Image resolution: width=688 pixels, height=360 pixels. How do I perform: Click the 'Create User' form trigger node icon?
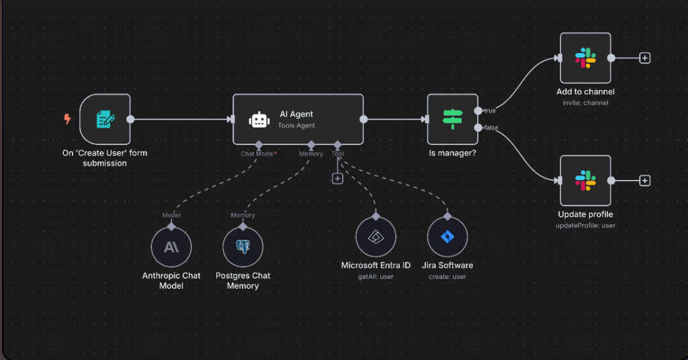point(105,120)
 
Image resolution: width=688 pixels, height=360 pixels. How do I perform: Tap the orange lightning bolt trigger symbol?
point(67,119)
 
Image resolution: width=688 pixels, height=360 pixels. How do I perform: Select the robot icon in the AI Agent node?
point(259,120)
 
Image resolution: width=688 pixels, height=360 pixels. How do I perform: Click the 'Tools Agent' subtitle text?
point(296,126)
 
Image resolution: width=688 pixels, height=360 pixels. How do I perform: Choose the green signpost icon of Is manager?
point(452,119)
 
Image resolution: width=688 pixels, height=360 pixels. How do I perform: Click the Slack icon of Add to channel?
point(585,58)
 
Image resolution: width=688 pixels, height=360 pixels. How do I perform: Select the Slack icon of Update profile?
point(585,181)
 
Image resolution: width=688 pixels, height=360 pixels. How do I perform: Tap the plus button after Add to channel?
point(644,58)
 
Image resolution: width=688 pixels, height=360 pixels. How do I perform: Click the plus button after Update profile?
point(644,181)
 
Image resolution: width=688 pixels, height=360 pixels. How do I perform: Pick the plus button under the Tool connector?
point(337,178)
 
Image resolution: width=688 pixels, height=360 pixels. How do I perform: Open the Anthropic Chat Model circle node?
point(171,247)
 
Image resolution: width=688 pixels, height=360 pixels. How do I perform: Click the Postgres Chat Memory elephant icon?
point(243,247)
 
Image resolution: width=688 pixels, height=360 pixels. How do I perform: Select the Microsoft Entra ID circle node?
point(376,237)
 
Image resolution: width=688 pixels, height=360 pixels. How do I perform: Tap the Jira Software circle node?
point(447,237)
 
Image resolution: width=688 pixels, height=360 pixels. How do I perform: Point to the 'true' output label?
point(490,111)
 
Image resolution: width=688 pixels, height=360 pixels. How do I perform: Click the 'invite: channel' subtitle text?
point(585,103)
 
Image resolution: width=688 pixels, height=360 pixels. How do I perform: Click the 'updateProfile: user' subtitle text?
point(585,225)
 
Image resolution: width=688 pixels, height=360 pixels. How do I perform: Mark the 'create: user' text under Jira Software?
point(447,276)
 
